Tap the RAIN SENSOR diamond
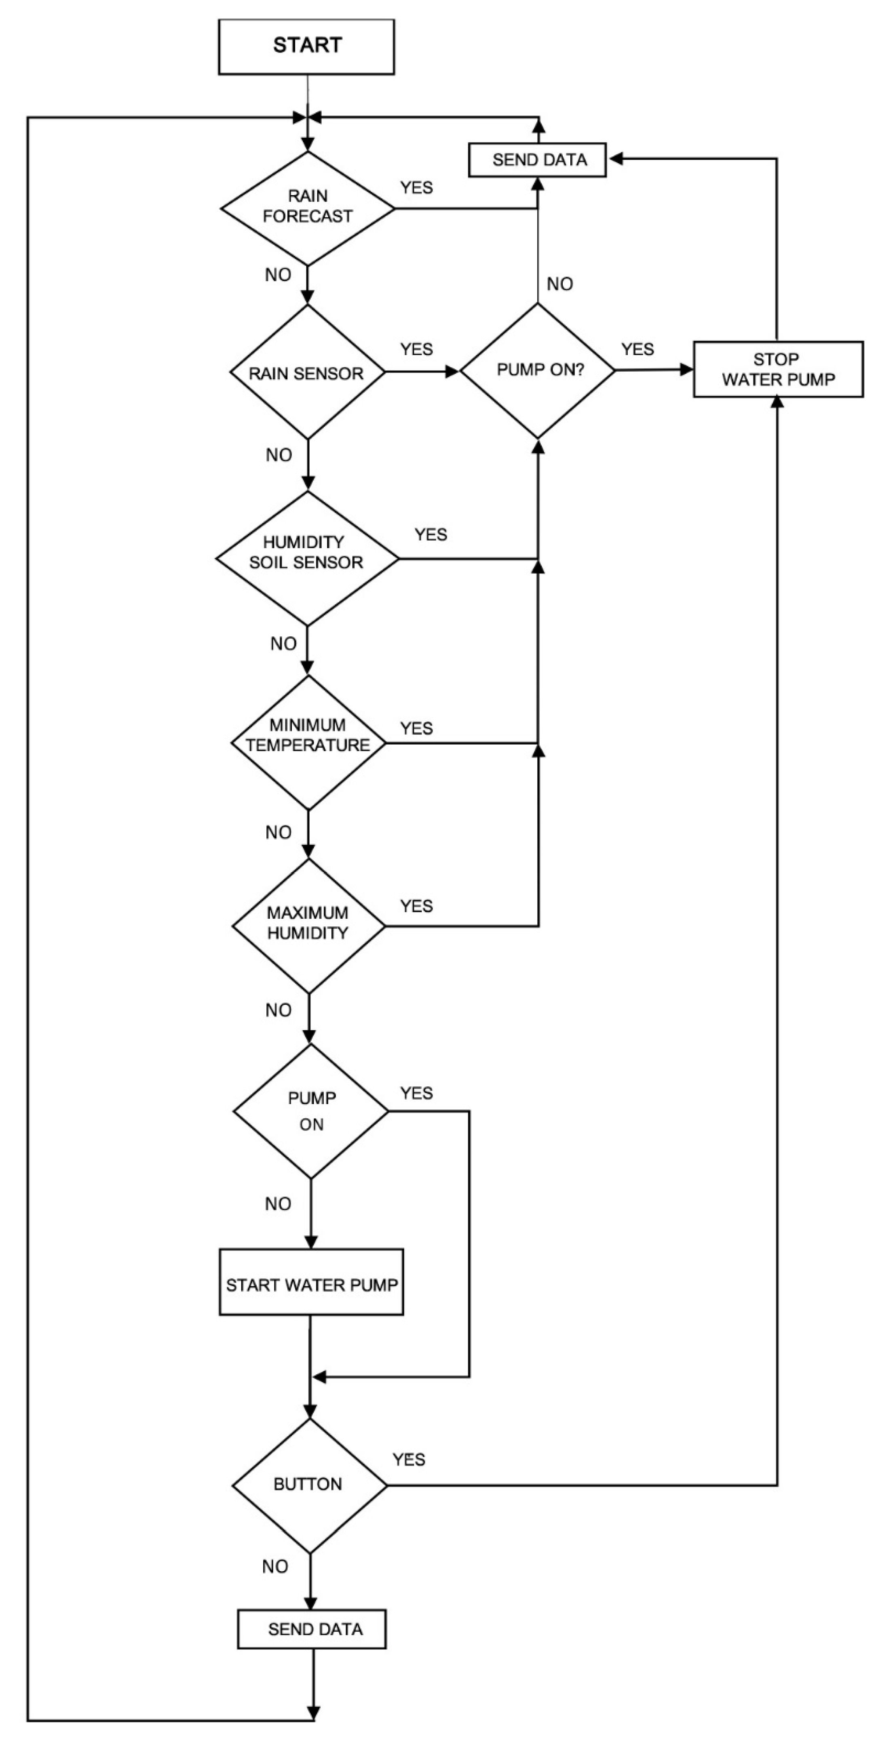click(307, 372)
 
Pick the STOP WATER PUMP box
click(778, 369)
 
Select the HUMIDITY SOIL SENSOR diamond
click(307, 559)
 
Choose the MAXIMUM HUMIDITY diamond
click(308, 925)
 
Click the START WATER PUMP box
click(311, 1284)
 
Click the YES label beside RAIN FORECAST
click(416, 188)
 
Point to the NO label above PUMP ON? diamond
click(559, 284)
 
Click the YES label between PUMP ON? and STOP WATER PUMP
click(637, 349)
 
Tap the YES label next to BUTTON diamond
click(409, 1459)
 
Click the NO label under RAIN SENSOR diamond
click(279, 455)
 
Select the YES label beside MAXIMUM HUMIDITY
click(416, 905)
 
